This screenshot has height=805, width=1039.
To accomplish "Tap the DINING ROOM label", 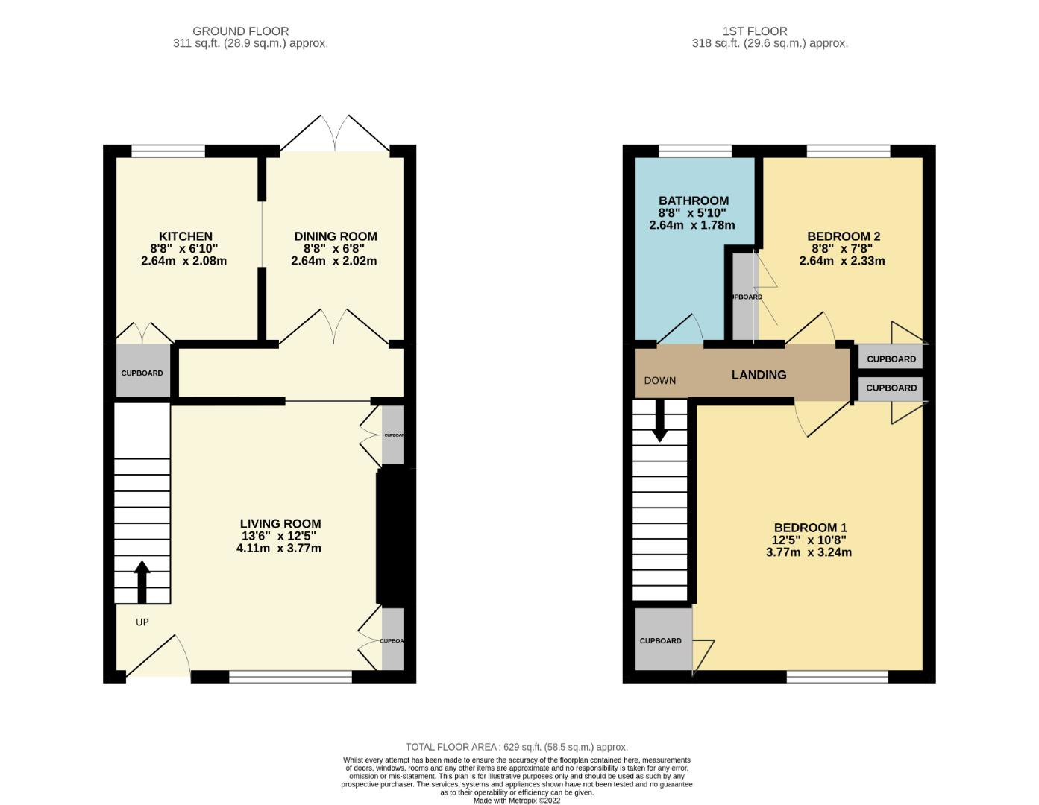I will [335, 236].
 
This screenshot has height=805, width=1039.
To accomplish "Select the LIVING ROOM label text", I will [280, 524].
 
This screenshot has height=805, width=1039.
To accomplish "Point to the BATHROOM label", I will [693, 201].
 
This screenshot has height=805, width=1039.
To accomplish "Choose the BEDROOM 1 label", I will [809, 528].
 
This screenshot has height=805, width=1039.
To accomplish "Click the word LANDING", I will [759, 375].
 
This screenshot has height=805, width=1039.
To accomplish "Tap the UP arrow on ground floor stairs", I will [142, 581].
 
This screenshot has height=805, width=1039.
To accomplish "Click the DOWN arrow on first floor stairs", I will [659, 422].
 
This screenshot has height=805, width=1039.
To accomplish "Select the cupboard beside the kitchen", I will [142, 372].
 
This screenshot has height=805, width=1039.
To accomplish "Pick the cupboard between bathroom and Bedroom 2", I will [744, 297].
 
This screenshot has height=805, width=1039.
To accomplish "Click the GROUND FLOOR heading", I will [240, 31].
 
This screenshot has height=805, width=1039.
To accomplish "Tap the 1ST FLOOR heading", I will [754, 31].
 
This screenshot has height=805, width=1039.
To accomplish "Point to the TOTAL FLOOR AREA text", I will [516, 747].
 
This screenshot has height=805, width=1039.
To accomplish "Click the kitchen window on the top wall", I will [168, 151].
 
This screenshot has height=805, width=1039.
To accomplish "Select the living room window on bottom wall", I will [290, 677].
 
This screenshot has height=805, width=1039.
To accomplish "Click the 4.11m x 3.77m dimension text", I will [278, 549].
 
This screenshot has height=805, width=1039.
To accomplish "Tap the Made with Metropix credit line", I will [516, 801].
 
